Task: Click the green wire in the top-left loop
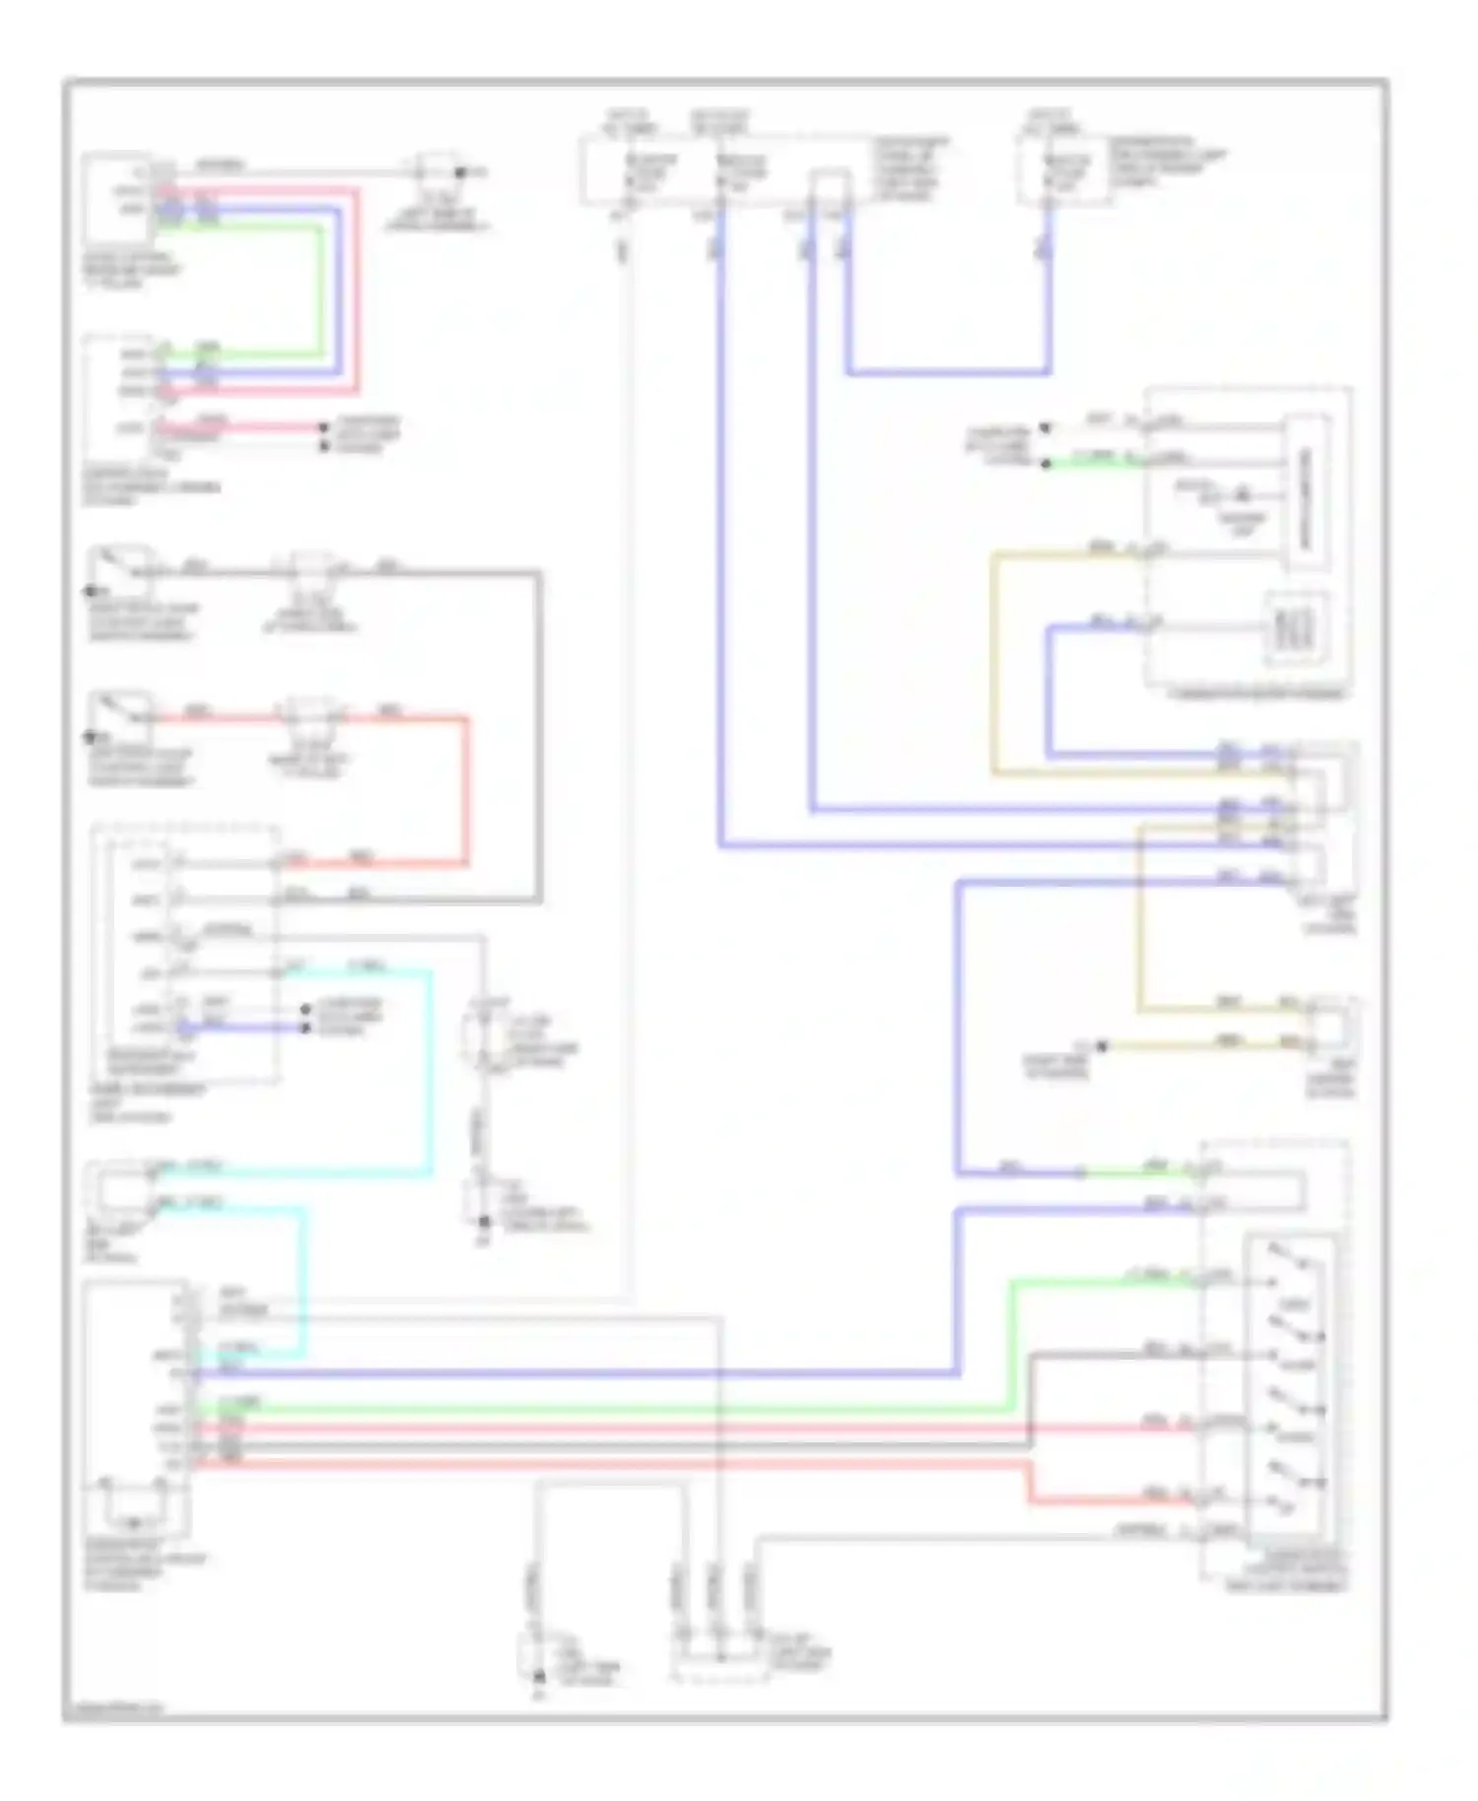[321, 286]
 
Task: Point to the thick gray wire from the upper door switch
[539, 739]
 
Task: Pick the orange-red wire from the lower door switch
[466, 788]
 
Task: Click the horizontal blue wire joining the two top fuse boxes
[946, 373]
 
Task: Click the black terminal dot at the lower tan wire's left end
[1103, 1045]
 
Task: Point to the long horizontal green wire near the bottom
[591, 1410]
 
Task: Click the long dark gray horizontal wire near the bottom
[591, 1445]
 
